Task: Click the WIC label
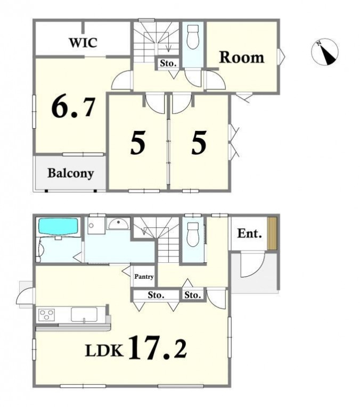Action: click(83, 43)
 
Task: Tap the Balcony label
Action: click(70, 173)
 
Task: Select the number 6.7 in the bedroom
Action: click(73, 107)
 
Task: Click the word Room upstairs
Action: click(242, 57)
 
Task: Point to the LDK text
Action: click(104, 351)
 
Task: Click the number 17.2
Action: click(158, 348)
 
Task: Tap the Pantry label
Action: click(144, 277)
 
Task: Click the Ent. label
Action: click(249, 234)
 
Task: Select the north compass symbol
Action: click(325, 52)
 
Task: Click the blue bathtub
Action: click(59, 226)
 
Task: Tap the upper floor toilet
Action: click(193, 37)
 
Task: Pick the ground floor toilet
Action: click(193, 235)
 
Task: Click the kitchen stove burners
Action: click(47, 315)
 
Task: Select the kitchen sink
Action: click(84, 315)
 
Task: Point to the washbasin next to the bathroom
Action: click(118, 223)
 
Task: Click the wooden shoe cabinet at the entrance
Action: click(272, 234)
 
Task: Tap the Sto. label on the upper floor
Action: click(168, 63)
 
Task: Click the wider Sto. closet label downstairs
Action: click(156, 295)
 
